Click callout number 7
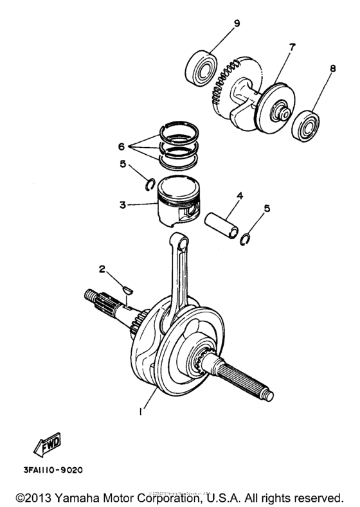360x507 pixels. pos(274,47)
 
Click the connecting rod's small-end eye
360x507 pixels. pos(181,242)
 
